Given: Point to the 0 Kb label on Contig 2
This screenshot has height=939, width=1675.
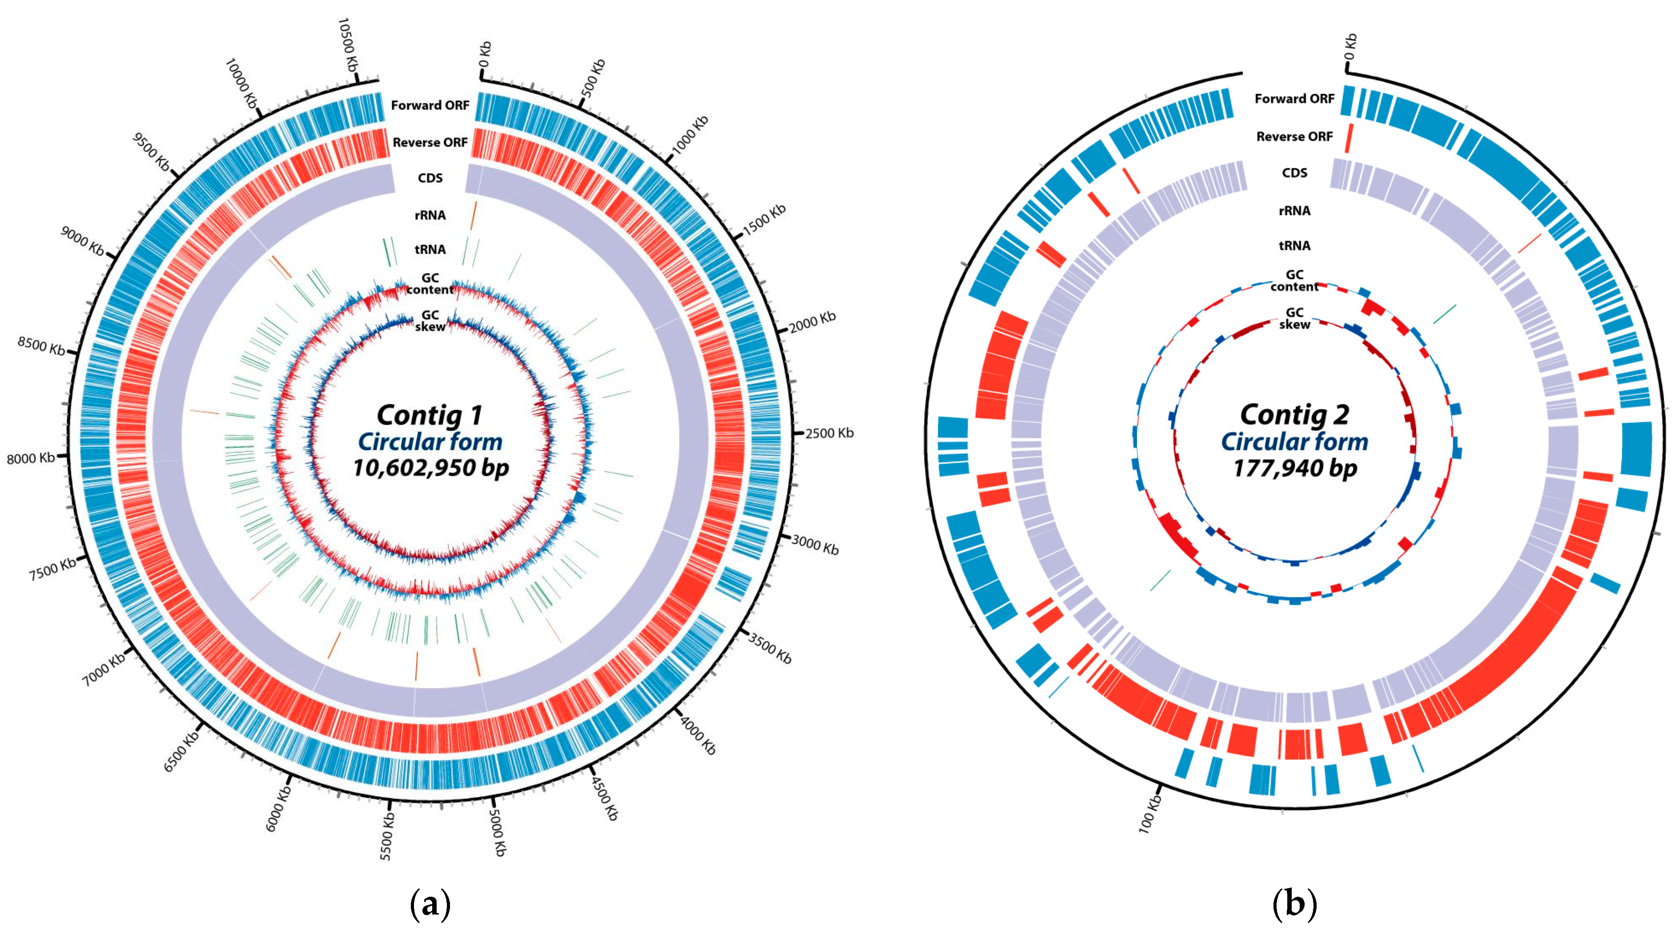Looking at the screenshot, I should (1350, 47).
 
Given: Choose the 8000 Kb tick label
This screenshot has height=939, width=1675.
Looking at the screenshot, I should (31, 459).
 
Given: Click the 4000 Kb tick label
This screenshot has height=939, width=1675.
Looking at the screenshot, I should (698, 735).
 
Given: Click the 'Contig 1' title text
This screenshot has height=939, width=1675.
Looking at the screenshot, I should (430, 415).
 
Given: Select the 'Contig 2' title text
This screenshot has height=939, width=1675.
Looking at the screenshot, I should (1294, 415).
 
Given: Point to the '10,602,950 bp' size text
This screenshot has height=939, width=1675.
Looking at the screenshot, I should (430, 467).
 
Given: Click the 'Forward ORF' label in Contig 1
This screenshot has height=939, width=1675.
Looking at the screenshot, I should (430, 105).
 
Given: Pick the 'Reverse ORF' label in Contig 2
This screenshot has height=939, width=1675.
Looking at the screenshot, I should (1294, 137).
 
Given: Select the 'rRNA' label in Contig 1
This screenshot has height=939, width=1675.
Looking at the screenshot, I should (430, 215).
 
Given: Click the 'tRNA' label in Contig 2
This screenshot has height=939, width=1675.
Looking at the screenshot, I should (1294, 246).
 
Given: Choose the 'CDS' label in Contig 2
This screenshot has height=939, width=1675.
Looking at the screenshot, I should (1294, 173).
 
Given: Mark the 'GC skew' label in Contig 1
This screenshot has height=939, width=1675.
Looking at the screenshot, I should (430, 321).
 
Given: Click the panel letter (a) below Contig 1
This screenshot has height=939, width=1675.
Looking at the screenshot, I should (430, 904).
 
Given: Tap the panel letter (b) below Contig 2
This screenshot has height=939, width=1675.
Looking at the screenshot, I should (1294, 904).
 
